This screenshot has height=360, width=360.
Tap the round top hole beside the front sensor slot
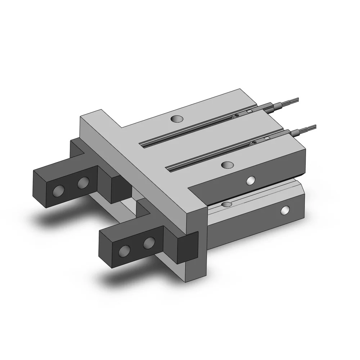coord(227,165)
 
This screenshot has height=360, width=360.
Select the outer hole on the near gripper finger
coord(125,250)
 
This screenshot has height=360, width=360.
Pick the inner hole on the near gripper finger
coord(149,243)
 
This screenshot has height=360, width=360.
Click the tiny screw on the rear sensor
coord(237,115)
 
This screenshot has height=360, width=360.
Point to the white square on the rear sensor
coord(249,112)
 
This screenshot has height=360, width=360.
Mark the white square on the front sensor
coord(267,139)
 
